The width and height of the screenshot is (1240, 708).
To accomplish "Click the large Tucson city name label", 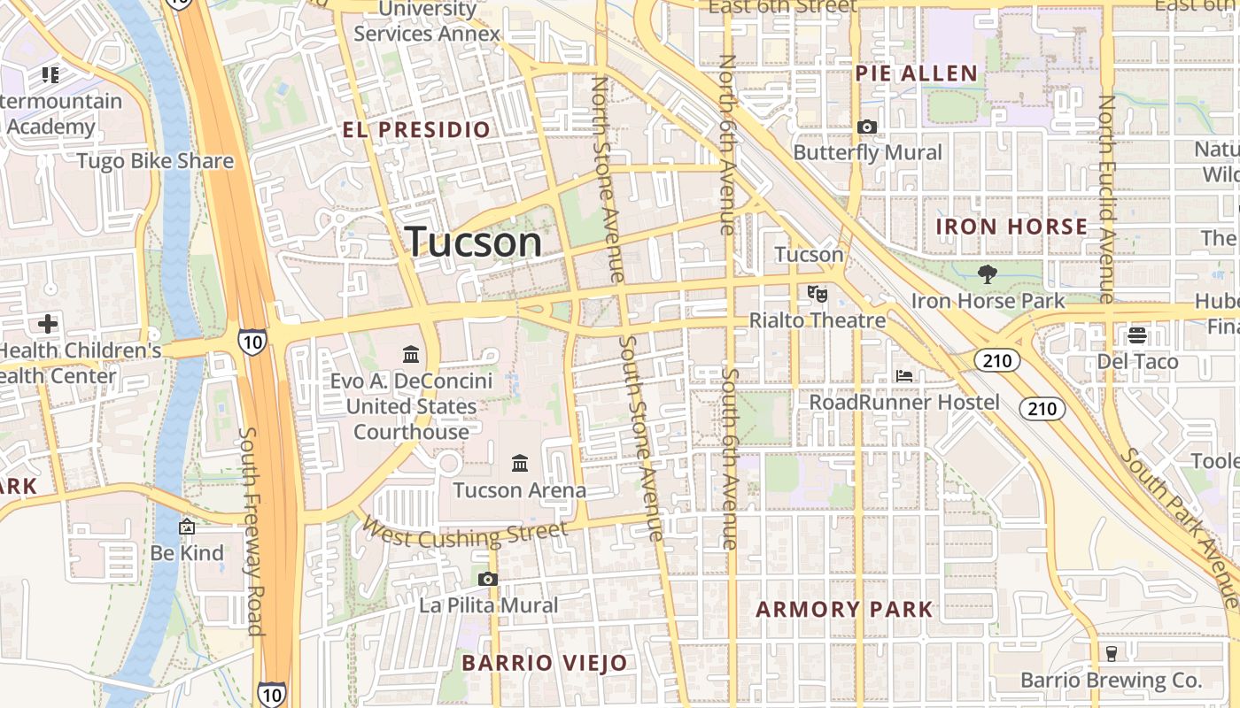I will pos(474,242).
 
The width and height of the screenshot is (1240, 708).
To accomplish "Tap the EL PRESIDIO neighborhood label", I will pos(416,130).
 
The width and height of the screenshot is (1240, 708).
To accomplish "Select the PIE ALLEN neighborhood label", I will pos(917,73).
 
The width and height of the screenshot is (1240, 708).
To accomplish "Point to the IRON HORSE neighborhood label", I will pos(1011,227).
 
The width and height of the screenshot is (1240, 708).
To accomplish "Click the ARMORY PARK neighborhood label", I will pos(845,609).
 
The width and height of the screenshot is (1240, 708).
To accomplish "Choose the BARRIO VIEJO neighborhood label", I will pos(545,663).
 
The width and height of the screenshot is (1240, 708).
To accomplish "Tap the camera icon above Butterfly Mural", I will pos(867,127).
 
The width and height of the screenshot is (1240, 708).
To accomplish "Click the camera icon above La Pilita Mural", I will pos(487,580).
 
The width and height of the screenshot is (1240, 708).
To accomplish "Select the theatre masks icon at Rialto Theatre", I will pos(817,292).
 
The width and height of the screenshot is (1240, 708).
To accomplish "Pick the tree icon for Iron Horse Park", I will pos(987,274).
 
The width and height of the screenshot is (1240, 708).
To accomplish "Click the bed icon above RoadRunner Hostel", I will pos(904,376).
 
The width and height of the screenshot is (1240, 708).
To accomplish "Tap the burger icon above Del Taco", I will pos(1137,335).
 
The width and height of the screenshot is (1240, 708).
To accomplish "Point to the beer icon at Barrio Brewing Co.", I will pos(1111,653).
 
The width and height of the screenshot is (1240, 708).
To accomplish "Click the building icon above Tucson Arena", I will pos(520,463).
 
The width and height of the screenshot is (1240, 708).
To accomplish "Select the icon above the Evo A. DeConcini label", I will pos(411,354).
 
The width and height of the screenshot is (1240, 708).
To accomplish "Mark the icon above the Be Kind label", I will pos(187,527).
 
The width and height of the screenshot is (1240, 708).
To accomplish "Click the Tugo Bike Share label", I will pos(155,161).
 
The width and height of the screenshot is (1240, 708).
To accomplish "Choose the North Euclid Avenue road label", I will pos(1107,199).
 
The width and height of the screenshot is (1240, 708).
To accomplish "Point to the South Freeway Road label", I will pos(252,531).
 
